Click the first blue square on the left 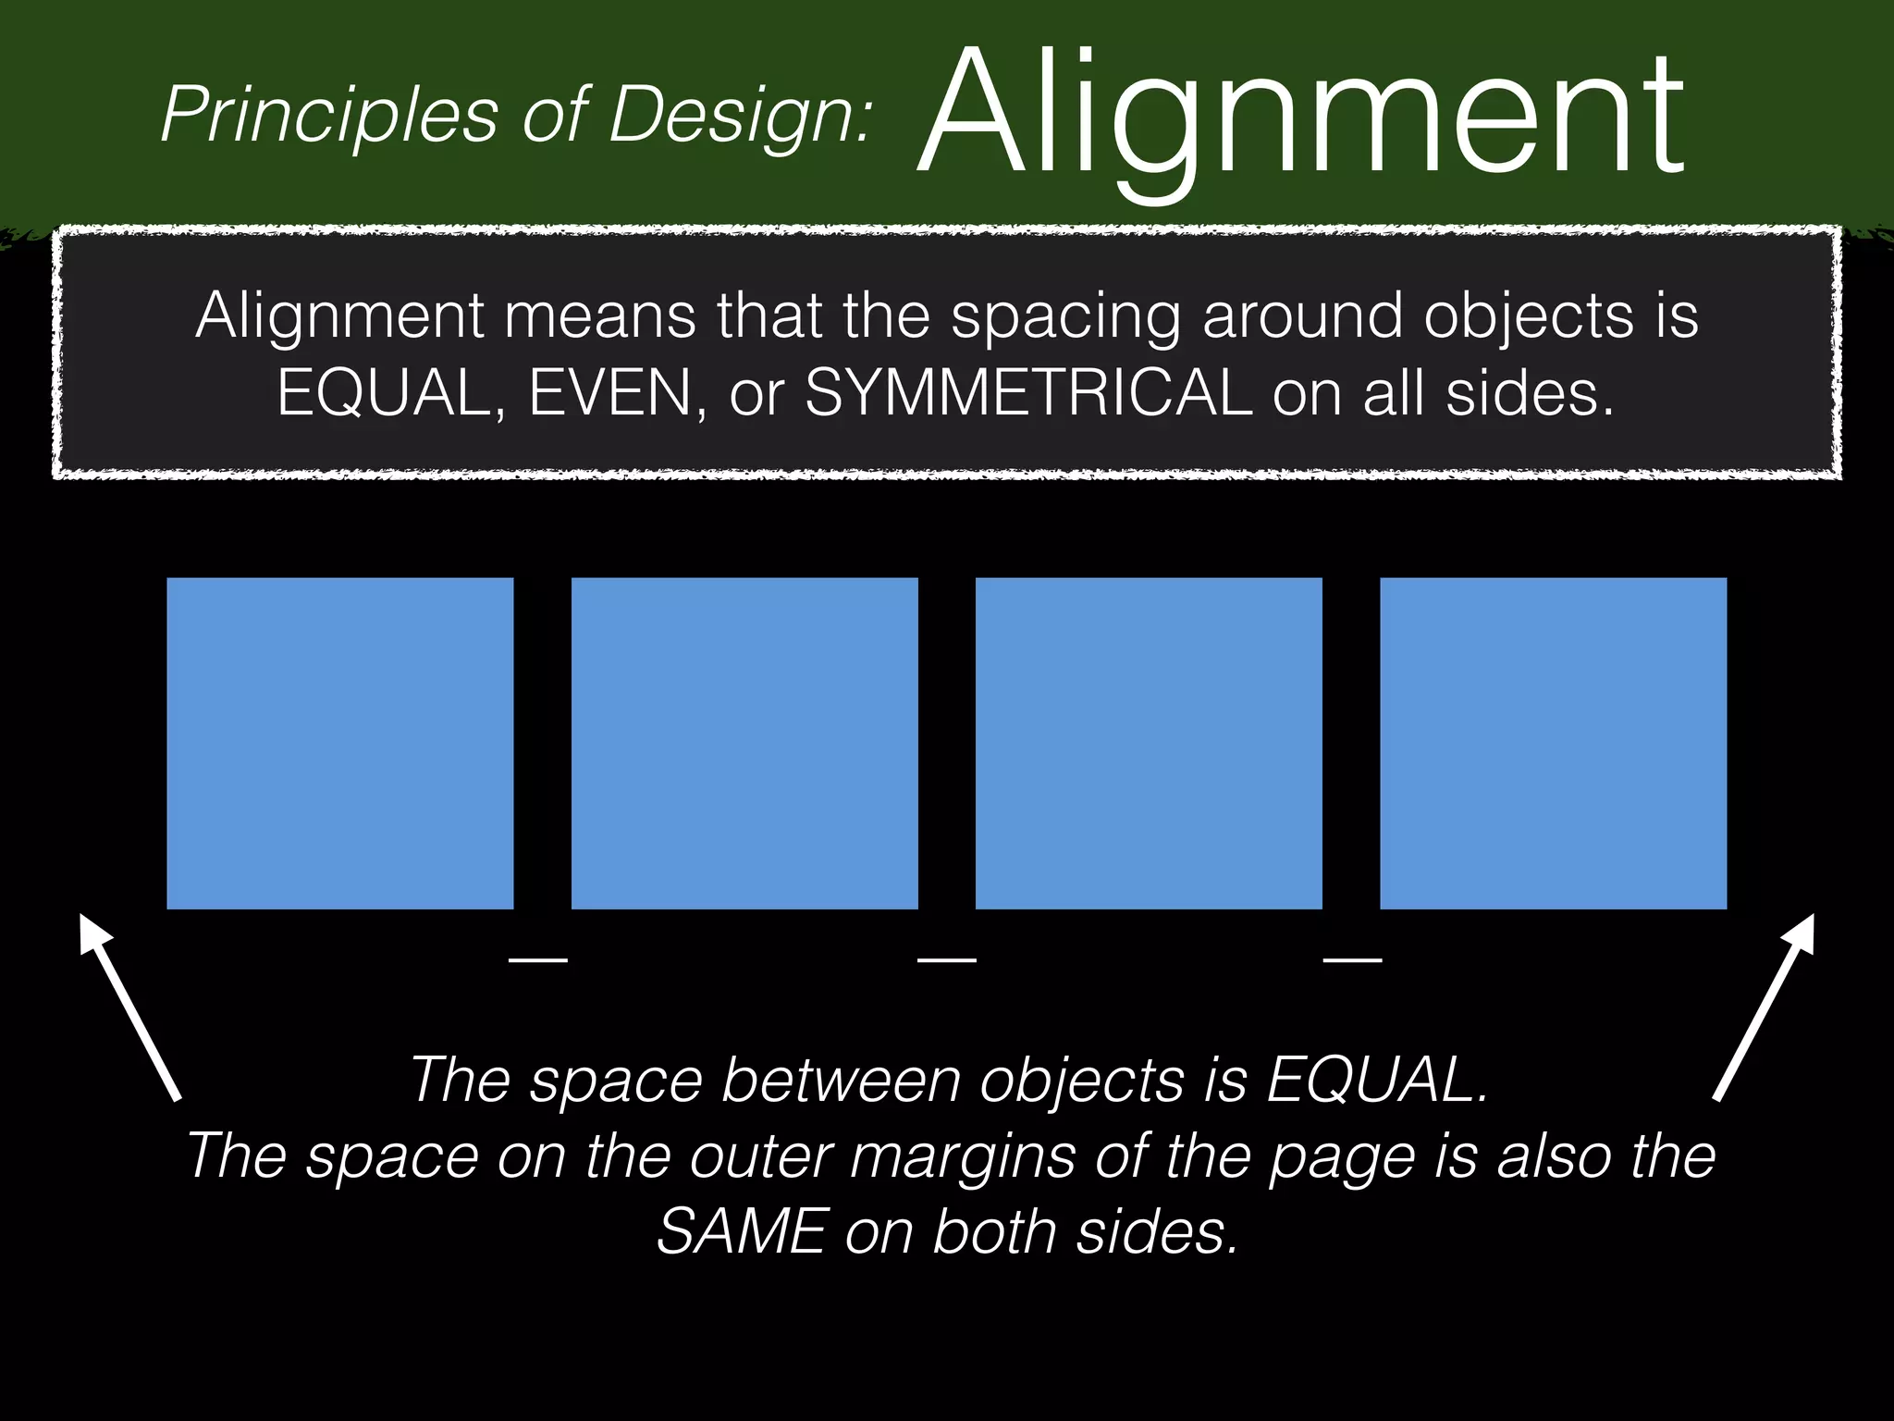coord(340,743)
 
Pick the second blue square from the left coord(744,743)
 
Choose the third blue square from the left coord(1149,743)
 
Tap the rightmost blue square coord(1553,743)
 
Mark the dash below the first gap coord(538,960)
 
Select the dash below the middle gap coord(946,960)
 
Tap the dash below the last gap coord(1352,960)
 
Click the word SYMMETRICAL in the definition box coord(1028,393)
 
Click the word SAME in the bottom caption coord(740,1231)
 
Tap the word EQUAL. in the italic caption coord(1376,1079)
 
